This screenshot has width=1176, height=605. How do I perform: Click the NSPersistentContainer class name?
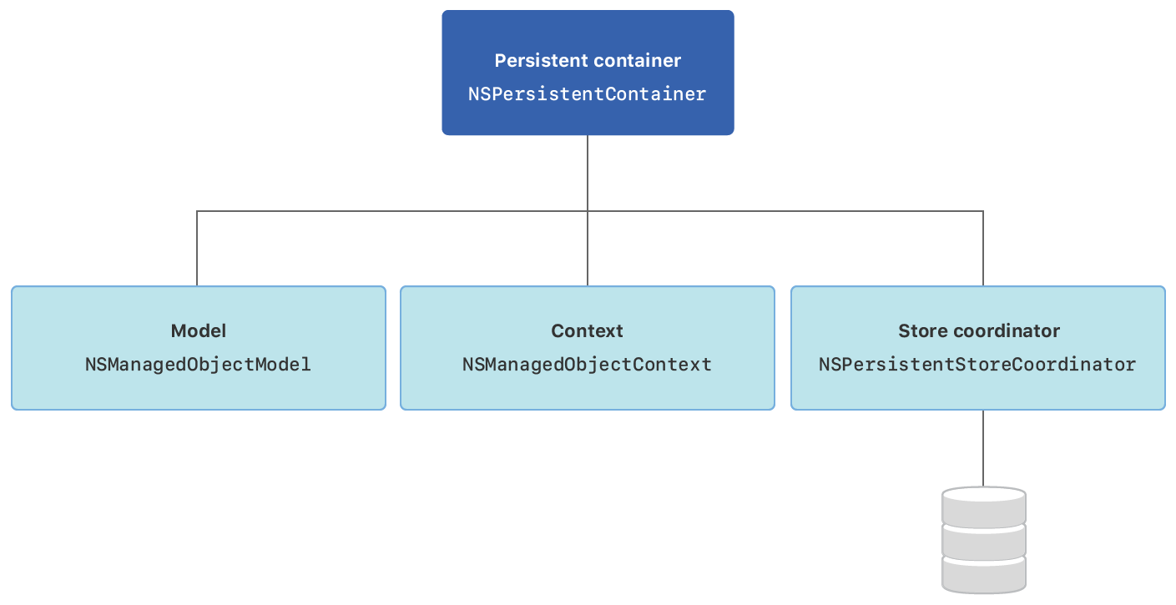[x=588, y=94]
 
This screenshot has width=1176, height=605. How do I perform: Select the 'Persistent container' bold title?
[x=588, y=61]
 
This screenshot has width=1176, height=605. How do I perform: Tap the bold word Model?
[x=199, y=331]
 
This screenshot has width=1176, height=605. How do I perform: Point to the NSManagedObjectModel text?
[x=199, y=365]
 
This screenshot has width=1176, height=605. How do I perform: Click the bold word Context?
[x=588, y=331]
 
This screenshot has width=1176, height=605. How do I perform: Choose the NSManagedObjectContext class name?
[x=588, y=365]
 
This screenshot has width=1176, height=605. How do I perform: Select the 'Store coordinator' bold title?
[x=978, y=331]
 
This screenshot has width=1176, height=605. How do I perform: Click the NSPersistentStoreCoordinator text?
[x=977, y=365]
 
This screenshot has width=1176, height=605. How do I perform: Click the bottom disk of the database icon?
[x=983, y=575]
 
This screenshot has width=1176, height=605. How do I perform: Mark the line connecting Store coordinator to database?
[x=983, y=448]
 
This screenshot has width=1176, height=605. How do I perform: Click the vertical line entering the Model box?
[x=197, y=250]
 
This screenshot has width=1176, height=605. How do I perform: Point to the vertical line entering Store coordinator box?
[x=983, y=250]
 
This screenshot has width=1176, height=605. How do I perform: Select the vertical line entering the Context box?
[x=588, y=250]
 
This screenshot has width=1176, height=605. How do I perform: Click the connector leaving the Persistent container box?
[x=588, y=171]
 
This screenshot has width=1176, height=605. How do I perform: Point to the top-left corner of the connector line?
[x=197, y=211]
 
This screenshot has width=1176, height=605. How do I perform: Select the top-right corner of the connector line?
[x=983, y=211]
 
